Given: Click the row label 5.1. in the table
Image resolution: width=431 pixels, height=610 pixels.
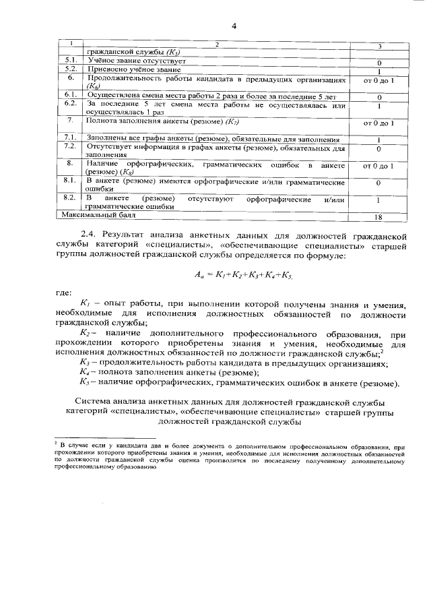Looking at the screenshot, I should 70,61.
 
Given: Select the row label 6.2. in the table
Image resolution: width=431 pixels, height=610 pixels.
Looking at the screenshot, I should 70,103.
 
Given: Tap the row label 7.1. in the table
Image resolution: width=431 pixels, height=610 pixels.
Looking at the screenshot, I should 70,137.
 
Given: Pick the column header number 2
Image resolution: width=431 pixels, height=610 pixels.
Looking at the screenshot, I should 217,44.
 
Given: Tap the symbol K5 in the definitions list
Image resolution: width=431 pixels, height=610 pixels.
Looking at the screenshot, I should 85,384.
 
